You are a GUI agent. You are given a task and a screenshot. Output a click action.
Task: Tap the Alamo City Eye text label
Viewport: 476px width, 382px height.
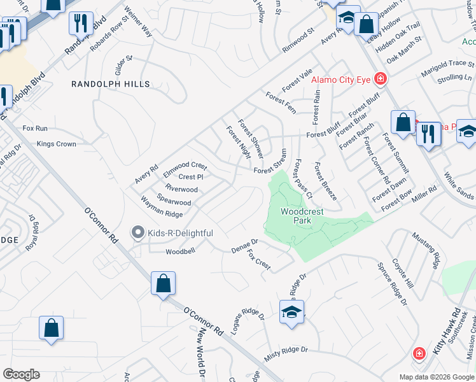coord(341,80)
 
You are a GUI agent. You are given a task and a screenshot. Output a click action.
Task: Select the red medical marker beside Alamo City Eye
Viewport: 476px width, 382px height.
coord(381,79)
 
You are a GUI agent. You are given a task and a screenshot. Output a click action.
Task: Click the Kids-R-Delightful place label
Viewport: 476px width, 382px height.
coord(180,233)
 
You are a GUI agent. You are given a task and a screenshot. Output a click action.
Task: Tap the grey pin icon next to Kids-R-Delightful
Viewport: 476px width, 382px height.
coord(137,233)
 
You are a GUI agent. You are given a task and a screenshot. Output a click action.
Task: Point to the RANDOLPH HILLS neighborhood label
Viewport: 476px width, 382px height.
coord(111,84)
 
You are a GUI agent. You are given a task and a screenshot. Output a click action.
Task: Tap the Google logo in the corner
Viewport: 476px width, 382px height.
coord(21,374)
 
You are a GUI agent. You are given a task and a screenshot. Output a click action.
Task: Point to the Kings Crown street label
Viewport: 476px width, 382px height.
coord(57,145)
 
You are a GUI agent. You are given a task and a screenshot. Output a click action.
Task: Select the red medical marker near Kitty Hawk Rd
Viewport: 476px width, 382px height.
coord(419,353)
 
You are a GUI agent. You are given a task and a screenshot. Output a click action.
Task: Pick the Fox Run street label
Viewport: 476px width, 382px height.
coord(35,128)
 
